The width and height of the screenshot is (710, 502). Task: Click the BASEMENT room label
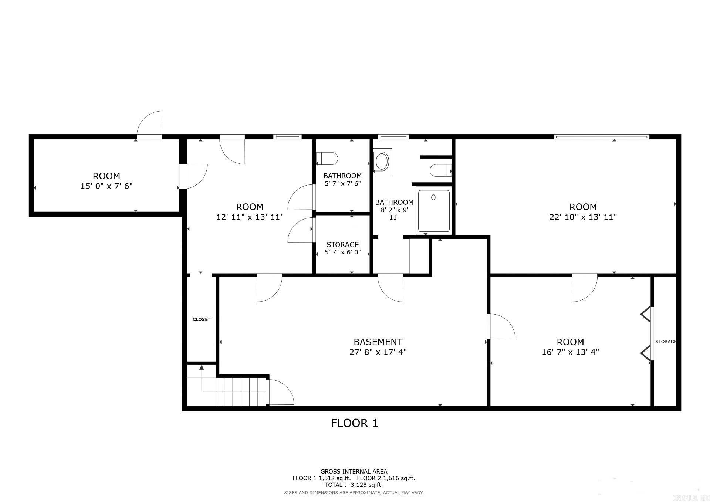pos(378,342)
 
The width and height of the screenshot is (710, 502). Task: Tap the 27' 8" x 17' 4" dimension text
pos(378,352)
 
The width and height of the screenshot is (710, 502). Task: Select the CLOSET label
pos(202,319)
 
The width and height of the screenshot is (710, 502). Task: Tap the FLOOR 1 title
pos(354,423)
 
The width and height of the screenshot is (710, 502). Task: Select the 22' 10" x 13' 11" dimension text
pos(583,217)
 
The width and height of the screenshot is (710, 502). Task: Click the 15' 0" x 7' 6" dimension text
pos(106,186)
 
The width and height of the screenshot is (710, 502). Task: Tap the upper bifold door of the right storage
pos(646,315)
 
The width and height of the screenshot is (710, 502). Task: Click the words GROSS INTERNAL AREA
pos(354,471)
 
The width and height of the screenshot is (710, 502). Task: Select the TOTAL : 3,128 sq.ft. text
pos(354,485)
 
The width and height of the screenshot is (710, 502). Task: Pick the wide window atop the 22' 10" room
pos(601,137)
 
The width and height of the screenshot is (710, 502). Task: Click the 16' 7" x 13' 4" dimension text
pos(570,352)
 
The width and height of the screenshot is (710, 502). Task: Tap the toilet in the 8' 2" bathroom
pos(440,171)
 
